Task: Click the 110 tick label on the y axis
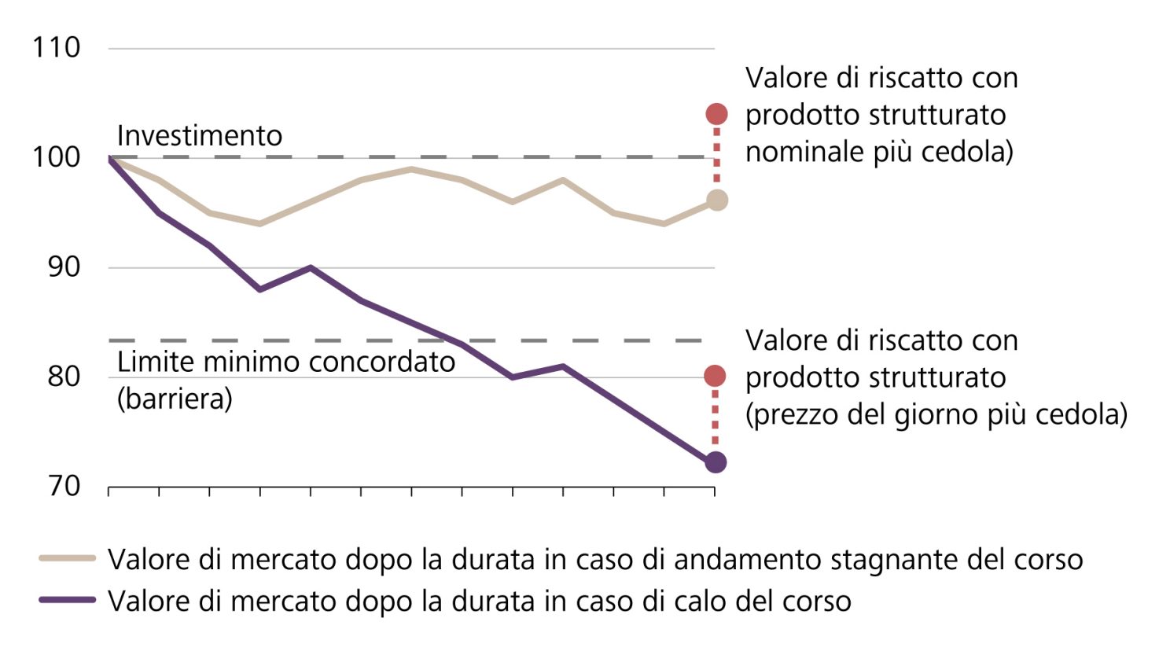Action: coord(56,47)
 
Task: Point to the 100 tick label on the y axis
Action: coord(56,156)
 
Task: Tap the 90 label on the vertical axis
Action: coord(64,267)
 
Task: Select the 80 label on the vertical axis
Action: coord(64,376)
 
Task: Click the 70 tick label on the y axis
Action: coord(64,486)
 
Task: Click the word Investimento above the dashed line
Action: coord(199,135)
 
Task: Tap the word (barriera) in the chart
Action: coord(175,399)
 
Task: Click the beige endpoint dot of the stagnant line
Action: coord(716,200)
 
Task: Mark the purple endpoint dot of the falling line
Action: coord(716,462)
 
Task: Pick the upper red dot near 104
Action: coord(716,114)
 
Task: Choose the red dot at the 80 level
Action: coord(715,377)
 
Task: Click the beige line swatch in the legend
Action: coord(68,559)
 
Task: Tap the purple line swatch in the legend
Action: coord(68,600)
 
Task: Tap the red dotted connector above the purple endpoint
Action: coord(715,418)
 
